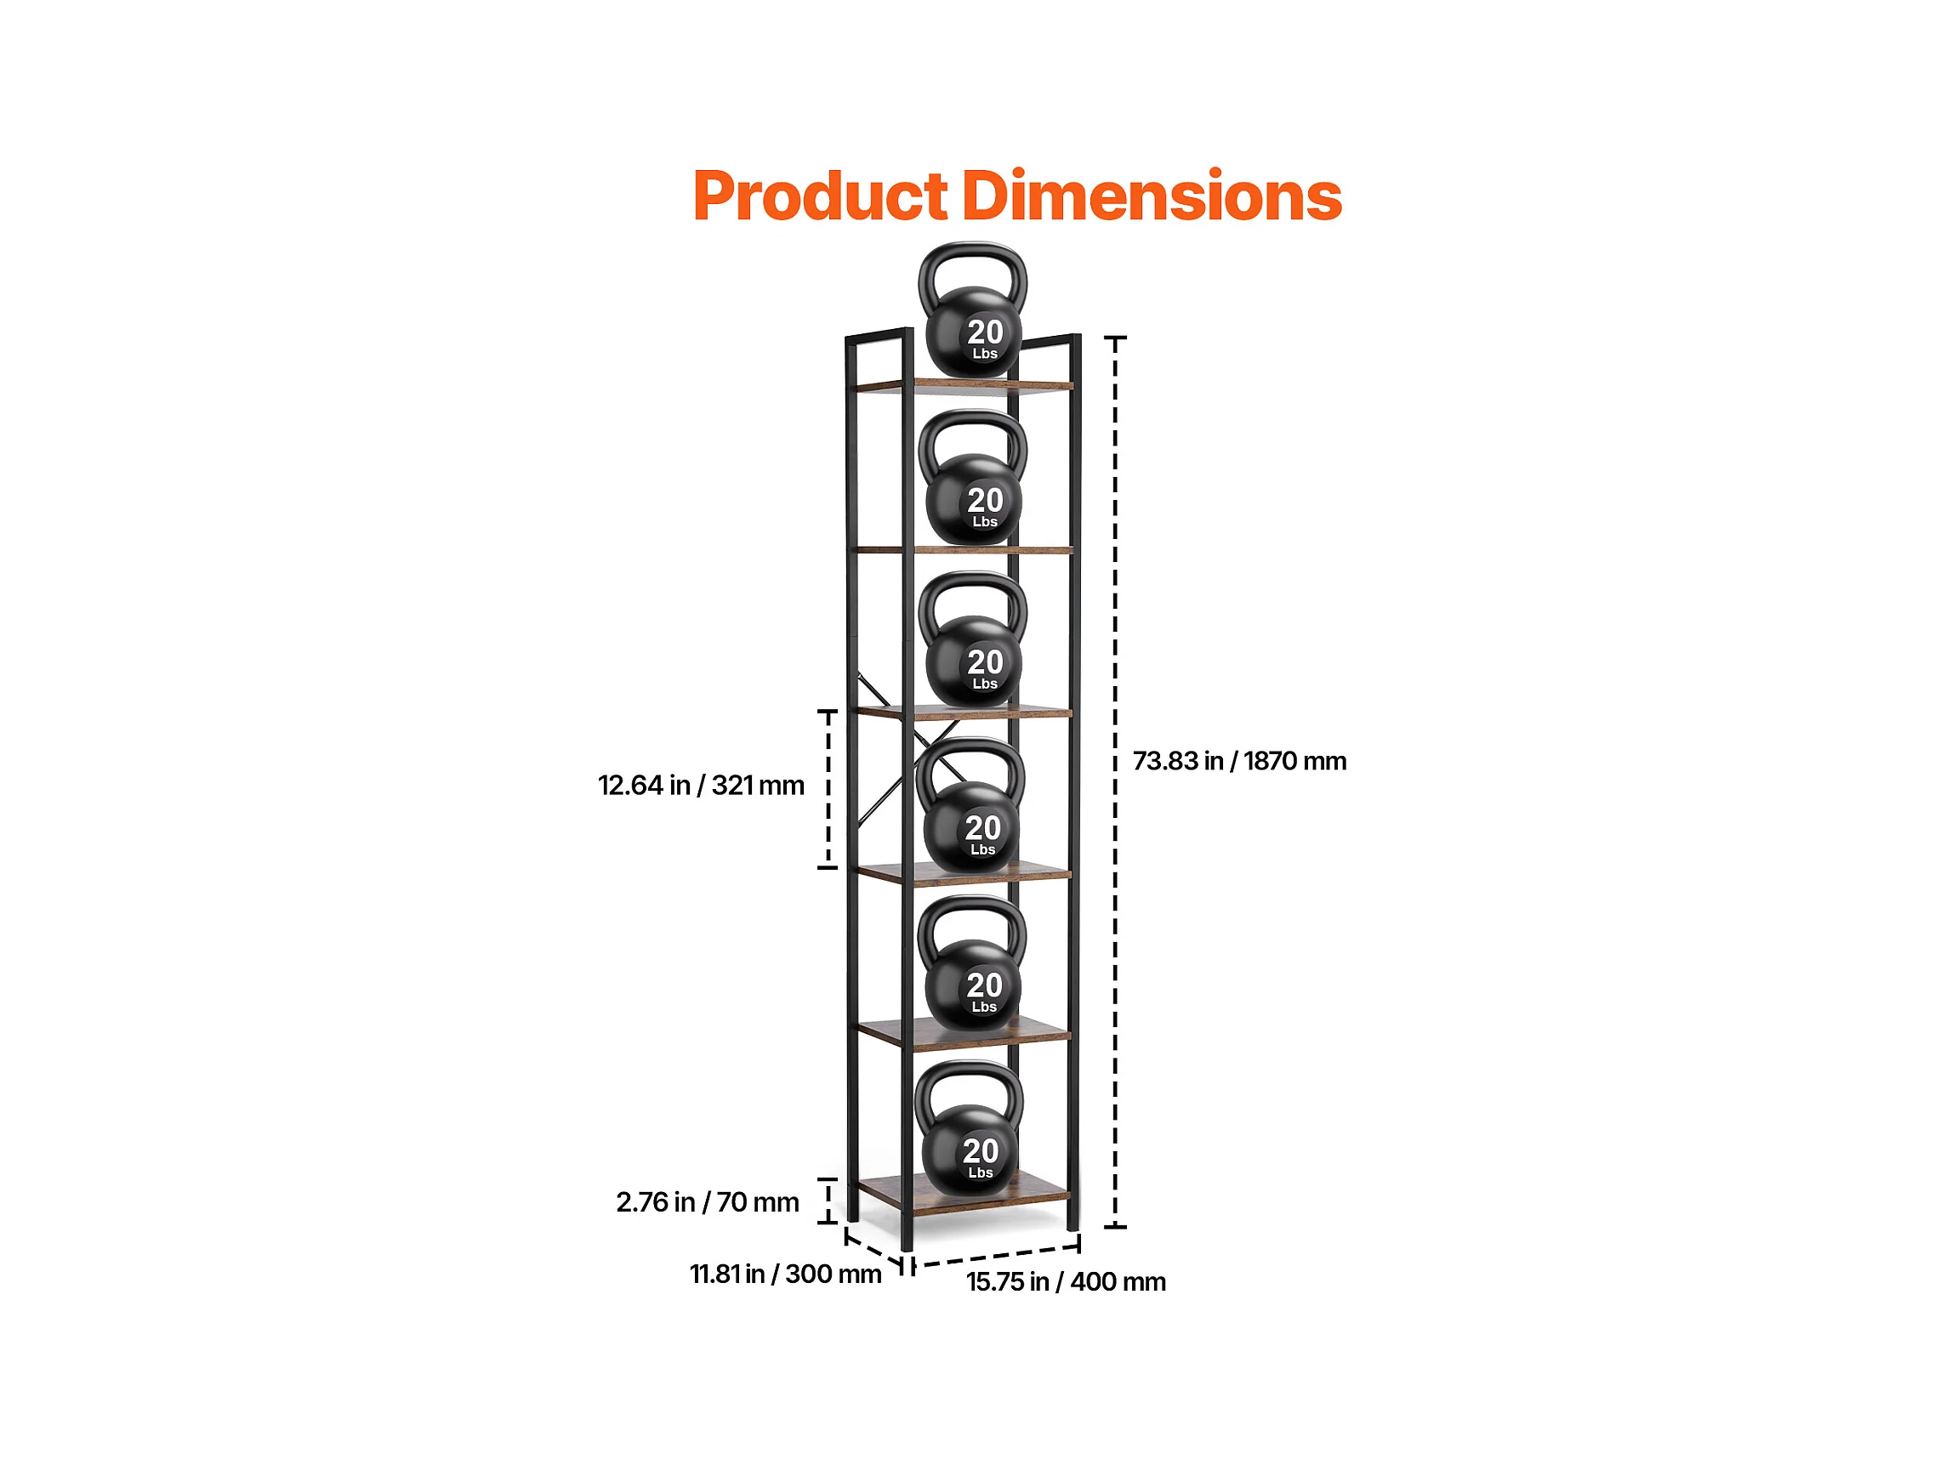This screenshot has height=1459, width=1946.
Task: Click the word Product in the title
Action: pyautogui.click(x=821, y=196)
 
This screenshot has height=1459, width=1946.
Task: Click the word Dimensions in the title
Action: pyautogui.click(x=1152, y=195)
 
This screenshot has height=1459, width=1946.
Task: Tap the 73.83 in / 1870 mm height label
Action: pyautogui.click(x=1239, y=762)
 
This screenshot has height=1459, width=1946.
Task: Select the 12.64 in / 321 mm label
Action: pyautogui.click(x=701, y=786)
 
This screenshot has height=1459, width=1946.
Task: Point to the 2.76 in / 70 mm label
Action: pyautogui.click(x=708, y=1202)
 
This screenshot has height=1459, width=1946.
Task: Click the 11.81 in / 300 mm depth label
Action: pyautogui.click(x=786, y=1274)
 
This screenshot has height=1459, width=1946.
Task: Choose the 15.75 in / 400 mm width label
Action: pyautogui.click(x=1067, y=1282)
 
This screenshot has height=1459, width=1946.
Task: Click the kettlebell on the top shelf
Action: pyautogui.click(x=973, y=310)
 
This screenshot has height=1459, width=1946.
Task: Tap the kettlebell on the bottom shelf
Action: pyautogui.click(x=970, y=1128)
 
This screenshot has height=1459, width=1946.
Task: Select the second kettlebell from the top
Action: pyautogui.click(x=973, y=478)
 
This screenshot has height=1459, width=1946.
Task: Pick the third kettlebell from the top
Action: pyautogui.click(x=973, y=640)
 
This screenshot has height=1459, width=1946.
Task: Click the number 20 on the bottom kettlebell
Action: pyautogui.click(x=980, y=1151)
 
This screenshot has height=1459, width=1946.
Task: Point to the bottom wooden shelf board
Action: pyautogui.click(x=964, y=1194)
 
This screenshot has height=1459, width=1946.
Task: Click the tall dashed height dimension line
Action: pyautogui.click(x=1115, y=782)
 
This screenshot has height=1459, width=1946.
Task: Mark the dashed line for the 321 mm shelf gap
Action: pyautogui.click(x=828, y=790)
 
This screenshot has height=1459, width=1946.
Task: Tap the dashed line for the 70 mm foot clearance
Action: pyautogui.click(x=828, y=1201)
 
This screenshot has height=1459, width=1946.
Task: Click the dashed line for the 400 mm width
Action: pyautogui.click(x=996, y=1256)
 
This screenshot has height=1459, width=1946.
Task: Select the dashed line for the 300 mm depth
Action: pyautogui.click(x=873, y=1248)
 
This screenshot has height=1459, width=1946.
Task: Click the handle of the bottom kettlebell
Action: pyautogui.click(x=970, y=1091)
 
